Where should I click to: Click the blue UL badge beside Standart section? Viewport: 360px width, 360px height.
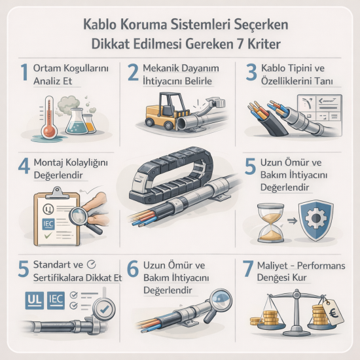[33, 300]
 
